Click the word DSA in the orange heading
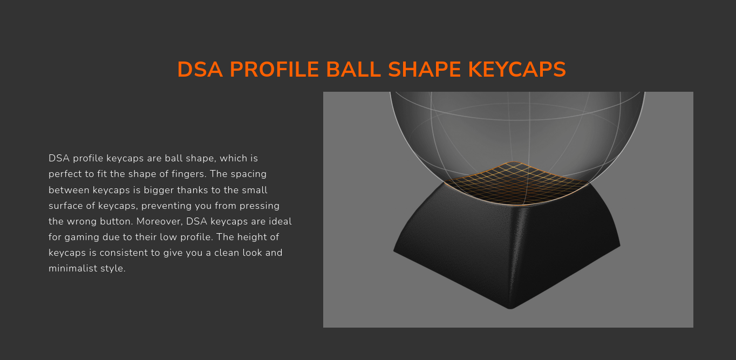coord(200,70)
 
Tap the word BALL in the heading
coord(353,70)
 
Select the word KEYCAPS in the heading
coord(517,70)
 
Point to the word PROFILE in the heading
coord(274,70)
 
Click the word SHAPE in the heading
coord(425,70)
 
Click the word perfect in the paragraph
coord(65,174)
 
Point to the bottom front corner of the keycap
coord(510,308)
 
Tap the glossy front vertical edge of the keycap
coord(516,256)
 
